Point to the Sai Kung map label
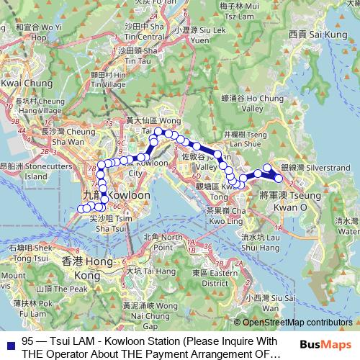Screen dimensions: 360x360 tap(318, 34)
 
